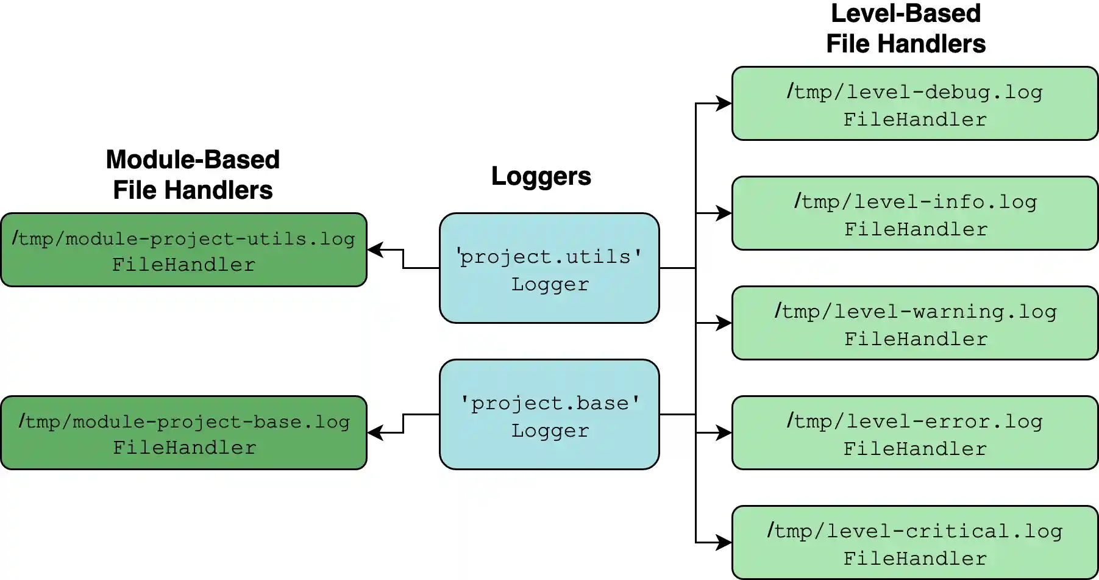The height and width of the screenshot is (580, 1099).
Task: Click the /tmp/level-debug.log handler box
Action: [914, 104]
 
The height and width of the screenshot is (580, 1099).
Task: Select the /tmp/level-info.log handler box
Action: [914, 213]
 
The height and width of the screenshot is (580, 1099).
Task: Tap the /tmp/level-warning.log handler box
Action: [914, 323]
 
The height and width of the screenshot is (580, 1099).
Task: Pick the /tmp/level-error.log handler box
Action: [914, 433]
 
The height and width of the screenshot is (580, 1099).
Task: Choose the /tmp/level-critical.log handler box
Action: [914, 543]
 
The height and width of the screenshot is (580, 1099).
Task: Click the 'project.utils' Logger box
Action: [549, 268]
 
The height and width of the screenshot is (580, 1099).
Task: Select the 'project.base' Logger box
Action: [549, 415]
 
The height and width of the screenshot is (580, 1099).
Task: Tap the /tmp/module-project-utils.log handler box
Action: [183, 250]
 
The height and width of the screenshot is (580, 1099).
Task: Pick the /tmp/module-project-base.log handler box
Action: [183, 433]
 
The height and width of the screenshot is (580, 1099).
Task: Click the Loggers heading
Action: [541, 176]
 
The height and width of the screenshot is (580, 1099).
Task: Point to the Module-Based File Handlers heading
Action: [193, 175]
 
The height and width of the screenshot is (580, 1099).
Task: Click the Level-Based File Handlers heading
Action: [906, 29]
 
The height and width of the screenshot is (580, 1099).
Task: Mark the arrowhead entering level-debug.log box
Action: [724, 103]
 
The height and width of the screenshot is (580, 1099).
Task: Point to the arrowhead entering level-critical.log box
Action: [724, 542]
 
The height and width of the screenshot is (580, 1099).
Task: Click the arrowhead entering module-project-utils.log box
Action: [375, 249]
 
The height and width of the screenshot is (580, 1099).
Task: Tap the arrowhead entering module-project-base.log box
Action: [375, 432]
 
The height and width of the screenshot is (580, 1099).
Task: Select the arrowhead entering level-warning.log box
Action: [724, 323]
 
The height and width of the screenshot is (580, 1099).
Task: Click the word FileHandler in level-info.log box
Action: [916, 229]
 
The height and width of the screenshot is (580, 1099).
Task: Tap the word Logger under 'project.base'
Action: [550, 431]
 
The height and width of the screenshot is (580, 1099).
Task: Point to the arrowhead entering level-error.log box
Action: [724, 432]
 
